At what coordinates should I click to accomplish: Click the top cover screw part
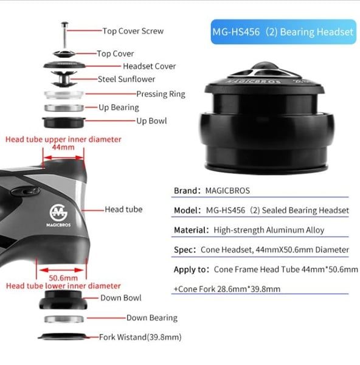[64, 35]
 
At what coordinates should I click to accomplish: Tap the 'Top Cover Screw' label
[133, 31]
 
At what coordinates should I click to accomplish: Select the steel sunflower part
[64, 78]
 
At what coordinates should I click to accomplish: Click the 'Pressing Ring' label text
[161, 94]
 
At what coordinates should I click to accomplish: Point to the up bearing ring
[64, 108]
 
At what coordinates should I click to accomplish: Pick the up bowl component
[64, 122]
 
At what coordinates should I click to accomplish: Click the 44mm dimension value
[63, 147]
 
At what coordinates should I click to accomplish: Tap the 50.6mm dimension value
[63, 278]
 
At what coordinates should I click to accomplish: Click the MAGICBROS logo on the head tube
[58, 215]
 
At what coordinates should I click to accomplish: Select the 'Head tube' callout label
[123, 209]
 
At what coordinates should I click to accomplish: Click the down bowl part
[63, 300]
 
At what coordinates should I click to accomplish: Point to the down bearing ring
[64, 319]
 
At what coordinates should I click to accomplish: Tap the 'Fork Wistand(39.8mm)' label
[140, 337]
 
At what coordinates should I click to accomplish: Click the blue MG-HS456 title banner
[283, 32]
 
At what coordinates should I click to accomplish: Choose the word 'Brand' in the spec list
[185, 190]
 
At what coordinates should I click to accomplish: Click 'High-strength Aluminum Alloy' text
[269, 230]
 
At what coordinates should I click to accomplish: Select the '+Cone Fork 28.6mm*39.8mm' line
[227, 289]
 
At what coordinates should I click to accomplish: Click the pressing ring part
[64, 94]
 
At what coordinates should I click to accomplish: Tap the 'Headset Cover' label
[150, 66]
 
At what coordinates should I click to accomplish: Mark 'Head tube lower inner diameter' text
[63, 286]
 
